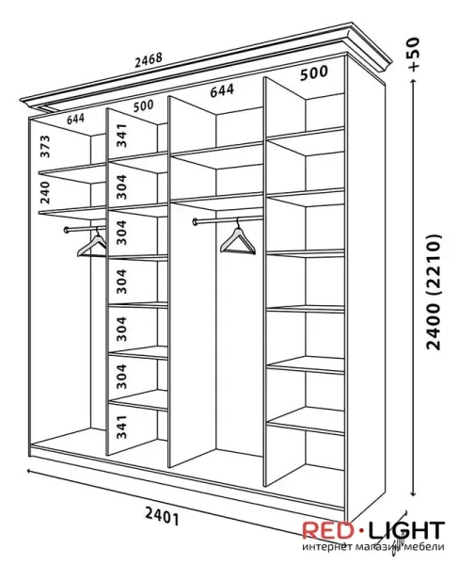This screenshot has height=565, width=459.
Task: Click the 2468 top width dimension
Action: (149, 60)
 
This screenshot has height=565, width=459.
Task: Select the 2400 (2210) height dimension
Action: (433, 292)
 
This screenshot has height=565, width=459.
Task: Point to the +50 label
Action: (414, 54)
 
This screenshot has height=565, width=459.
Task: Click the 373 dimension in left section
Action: (45, 146)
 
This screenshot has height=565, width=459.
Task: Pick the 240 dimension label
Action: (45, 192)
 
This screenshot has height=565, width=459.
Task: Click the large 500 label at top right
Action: (314, 73)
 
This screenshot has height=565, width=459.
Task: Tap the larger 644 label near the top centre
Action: (222, 90)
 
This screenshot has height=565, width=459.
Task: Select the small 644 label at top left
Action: (75, 119)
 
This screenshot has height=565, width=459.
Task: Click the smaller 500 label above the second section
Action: (143, 105)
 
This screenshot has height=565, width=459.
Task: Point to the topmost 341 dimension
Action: (122, 135)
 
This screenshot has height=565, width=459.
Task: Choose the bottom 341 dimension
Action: (122, 427)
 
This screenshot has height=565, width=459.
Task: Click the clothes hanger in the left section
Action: (92, 244)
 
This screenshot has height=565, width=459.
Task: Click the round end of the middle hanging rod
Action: (195, 222)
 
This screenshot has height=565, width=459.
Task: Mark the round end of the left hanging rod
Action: (67, 230)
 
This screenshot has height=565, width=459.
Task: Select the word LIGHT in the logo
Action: (407, 530)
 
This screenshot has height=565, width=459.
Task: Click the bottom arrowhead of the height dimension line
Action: (414, 494)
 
